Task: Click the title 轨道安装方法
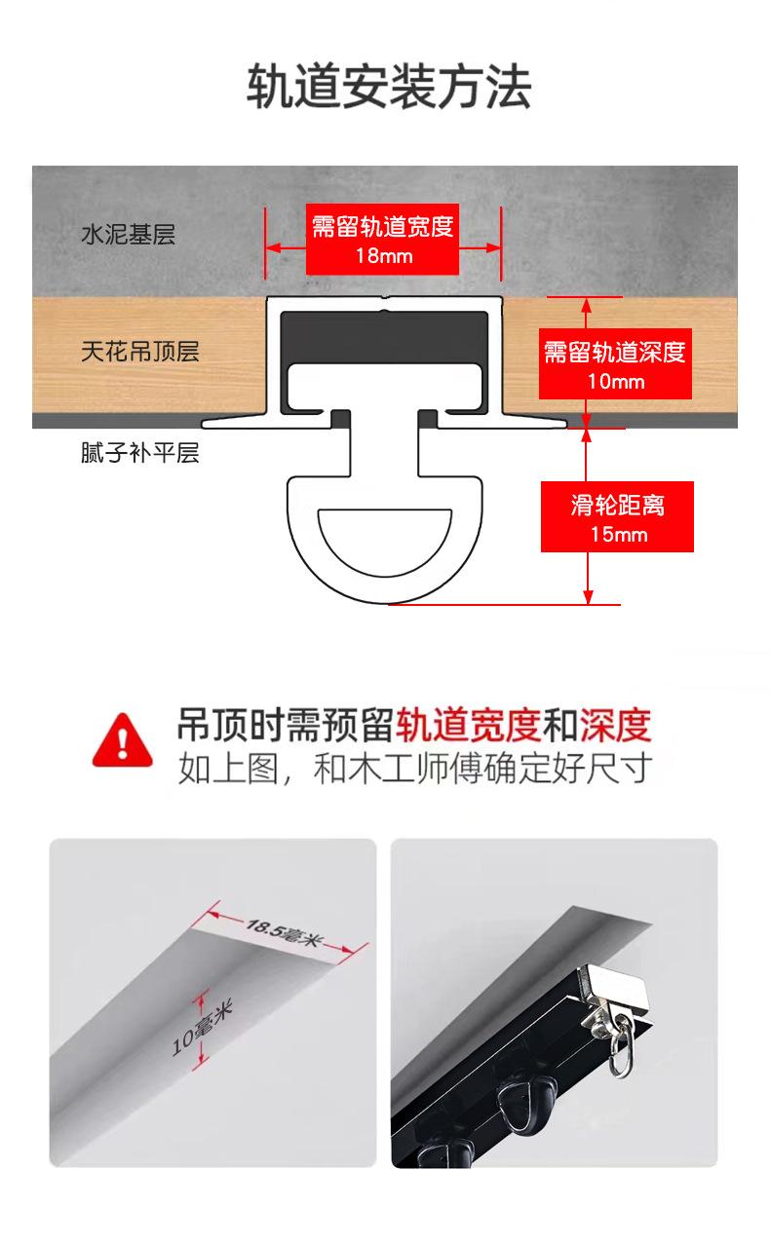389,86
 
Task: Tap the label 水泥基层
129,235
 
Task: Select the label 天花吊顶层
140,352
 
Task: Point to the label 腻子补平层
140,452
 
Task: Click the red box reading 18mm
382,239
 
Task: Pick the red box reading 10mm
615,363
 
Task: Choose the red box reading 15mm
617,517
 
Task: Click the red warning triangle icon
122,740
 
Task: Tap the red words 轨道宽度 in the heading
469,726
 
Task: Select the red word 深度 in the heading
615,726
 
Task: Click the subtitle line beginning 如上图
415,769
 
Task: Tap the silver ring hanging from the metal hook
622,1046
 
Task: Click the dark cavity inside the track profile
384,337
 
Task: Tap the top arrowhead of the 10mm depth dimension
586,305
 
